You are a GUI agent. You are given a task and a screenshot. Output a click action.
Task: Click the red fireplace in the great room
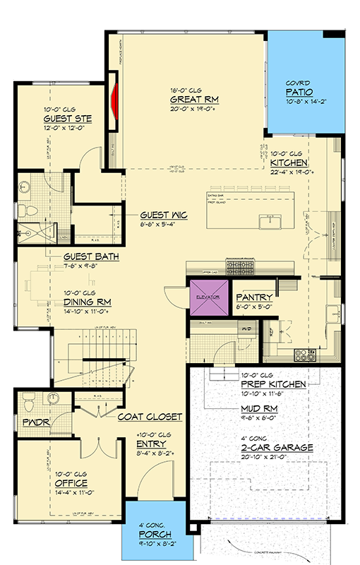click(x=113, y=103)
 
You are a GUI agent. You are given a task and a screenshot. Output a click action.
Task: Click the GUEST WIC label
click(x=163, y=214)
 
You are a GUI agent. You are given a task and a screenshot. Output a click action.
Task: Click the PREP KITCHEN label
click(x=273, y=383)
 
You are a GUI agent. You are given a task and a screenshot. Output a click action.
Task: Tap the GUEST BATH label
click(x=90, y=257)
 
